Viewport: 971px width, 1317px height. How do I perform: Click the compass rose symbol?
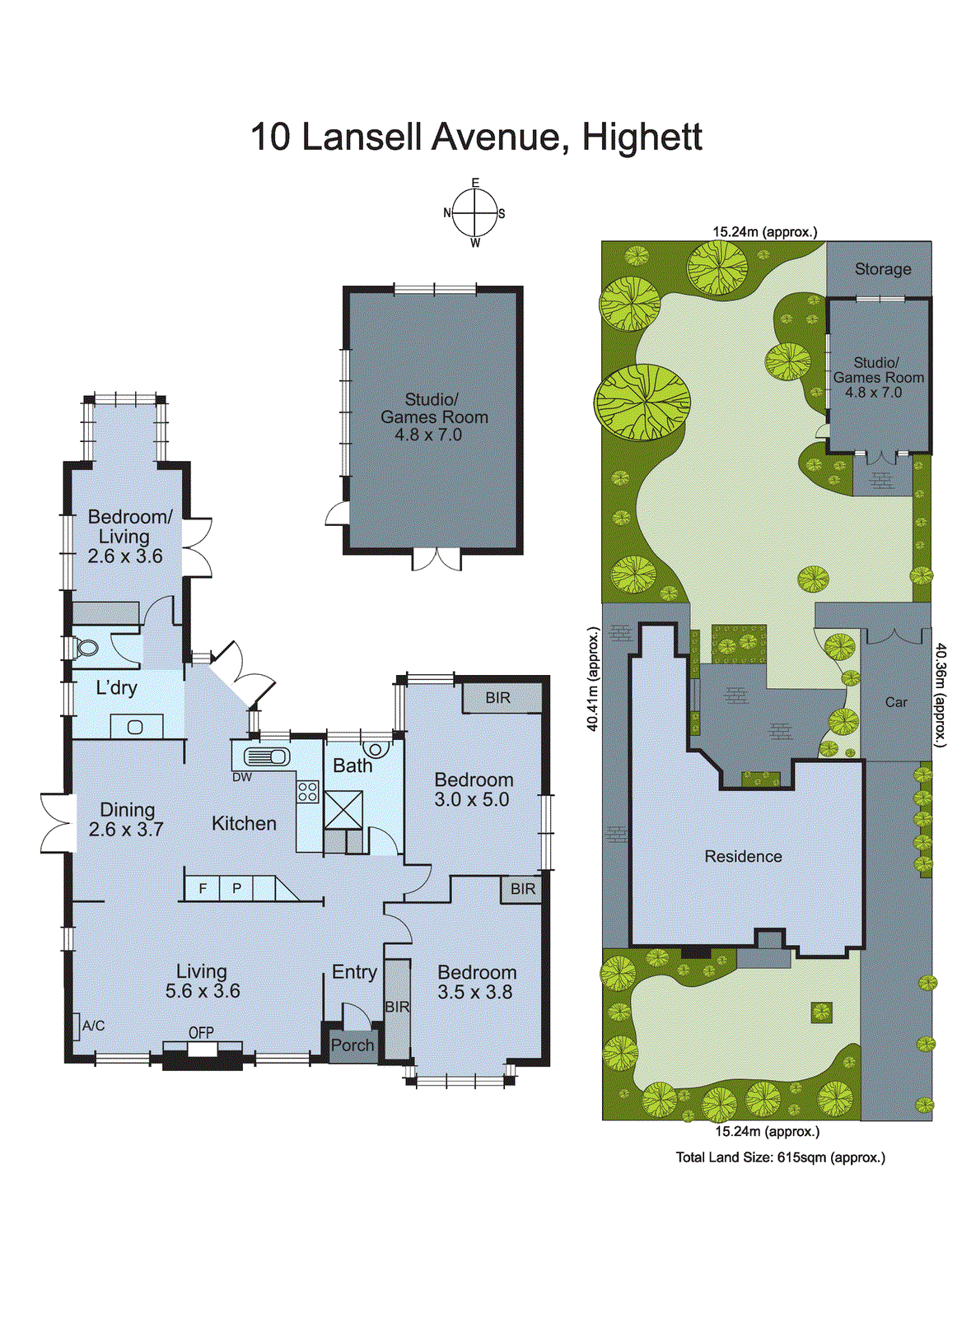[475, 212]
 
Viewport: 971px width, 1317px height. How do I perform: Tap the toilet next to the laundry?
[86, 648]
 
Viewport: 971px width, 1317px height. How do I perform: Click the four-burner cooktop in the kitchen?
[308, 792]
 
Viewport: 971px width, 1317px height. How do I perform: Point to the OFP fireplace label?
[201, 1032]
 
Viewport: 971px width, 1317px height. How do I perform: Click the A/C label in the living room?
[93, 1026]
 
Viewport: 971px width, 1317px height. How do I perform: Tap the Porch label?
[352, 1045]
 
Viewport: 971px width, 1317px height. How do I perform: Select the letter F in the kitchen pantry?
[203, 888]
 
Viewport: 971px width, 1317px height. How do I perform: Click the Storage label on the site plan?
[882, 269]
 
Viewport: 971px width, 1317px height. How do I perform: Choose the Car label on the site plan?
[896, 702]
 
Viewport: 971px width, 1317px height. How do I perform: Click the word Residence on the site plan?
[743, 857]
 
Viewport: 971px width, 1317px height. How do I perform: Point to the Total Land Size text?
[780, 1157]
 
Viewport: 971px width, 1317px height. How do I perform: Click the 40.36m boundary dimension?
[941, 696]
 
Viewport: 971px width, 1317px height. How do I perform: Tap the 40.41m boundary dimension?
[592, 679]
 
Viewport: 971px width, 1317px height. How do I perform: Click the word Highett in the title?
[642, 137]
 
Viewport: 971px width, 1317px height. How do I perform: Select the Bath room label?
[352, 766]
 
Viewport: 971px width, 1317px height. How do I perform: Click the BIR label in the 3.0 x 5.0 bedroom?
[497, 698]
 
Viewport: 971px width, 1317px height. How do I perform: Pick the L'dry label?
[116, 688]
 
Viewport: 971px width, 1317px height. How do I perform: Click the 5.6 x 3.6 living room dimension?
[203, 991]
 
